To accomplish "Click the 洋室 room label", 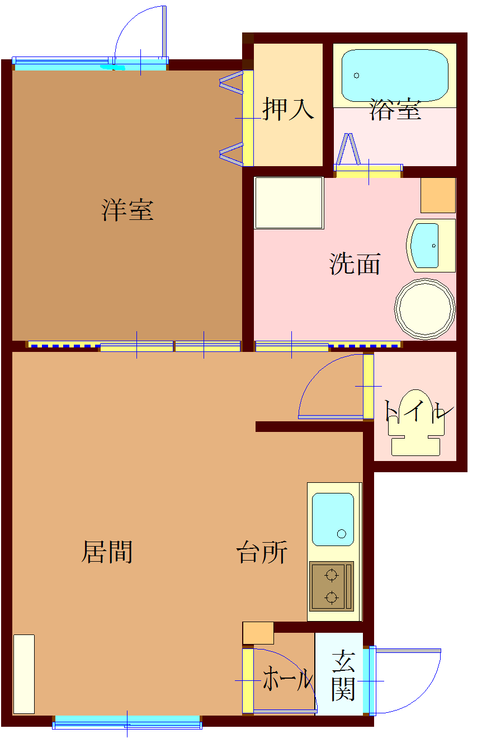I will [x=127, y=210].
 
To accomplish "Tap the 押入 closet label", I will [x=288, y=109].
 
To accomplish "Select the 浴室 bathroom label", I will [x=395, y=110].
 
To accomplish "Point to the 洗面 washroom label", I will [x=355, y=264].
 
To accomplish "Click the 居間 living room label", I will [x=107, y=552].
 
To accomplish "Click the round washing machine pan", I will [x=424, y=308].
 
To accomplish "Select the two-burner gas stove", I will [x=332, y=586].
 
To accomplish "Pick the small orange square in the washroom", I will [x=438, y=195].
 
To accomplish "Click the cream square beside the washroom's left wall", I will [x=289, y=203].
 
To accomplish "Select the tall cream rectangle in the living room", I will [x=23, y=674].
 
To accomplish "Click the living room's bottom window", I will [x=127, y=722].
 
